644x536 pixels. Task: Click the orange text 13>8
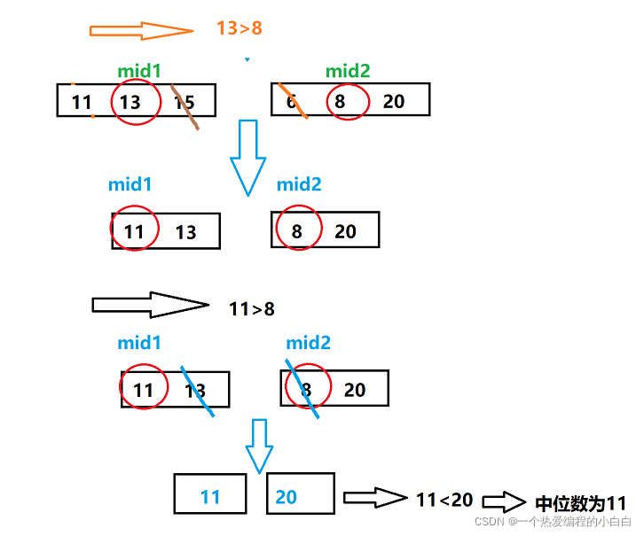(x=240, y=28)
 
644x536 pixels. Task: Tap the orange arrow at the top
(x=141, y=31)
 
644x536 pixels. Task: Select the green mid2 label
(x=348, y=71)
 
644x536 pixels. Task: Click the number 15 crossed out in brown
(x=185, y=103)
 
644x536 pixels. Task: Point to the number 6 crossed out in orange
(x=291, y=101)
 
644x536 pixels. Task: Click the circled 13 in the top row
(x=130, y=103)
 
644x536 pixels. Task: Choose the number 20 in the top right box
(x=394, y=101)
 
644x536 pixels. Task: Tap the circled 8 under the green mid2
(x=340, y=101)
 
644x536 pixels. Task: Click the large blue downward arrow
(x=247, y=157)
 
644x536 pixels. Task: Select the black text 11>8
(x=252, y=309)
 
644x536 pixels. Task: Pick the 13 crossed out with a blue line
(x=195, y=391)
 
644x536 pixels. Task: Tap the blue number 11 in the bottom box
(x=210, y=497)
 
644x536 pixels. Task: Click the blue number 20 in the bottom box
(x=286, y=497)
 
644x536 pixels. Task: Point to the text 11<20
(x=444, y=500)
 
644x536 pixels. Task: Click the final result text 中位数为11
(x=581, y=503)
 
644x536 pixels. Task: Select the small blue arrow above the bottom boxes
(x=259, y=447)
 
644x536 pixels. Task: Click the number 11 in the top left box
(x=82, y=103)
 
